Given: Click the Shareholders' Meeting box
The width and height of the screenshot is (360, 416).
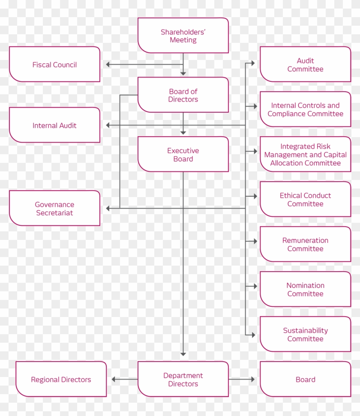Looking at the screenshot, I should pyautogui.click(x=183, y=36).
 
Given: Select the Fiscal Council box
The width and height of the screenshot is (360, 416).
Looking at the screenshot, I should pyautogui.click(x=54, y=65).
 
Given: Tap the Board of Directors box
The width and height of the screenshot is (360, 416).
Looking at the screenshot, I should pyautogui.click(x=183, y=95).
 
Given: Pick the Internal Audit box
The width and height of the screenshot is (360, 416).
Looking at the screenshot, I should pyautogui.click(x=54, y=125).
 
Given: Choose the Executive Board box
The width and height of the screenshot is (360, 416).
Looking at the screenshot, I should pyautogui.click(x=183, y=155).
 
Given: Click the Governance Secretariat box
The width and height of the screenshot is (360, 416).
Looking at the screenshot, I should pyautogui.click(x=54, y=208).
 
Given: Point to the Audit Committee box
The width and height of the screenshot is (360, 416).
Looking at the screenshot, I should pyautogui.click(x=305, y=65).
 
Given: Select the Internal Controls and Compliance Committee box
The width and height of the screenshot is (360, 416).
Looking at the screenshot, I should pyautogui.click(x=305, y=109).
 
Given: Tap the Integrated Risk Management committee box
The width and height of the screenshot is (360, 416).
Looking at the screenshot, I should pyautogui.click(x=305, y=154).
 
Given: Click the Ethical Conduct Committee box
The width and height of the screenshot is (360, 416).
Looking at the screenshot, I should pyautogui.click(x=305, y=199).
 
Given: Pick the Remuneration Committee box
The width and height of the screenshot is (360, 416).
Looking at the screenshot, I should pyautogui.click(x=305, y=244).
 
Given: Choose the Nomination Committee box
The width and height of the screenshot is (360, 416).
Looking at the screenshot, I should pyautogui.click(x=305, y=289).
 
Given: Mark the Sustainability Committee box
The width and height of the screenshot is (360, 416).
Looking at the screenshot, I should pyautogui.click(x=305, y=334).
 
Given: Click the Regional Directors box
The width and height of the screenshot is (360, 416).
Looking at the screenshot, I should pyautogui.click(x=61, y=379).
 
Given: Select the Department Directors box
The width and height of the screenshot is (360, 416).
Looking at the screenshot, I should pyautogui.click(x=183, y=379).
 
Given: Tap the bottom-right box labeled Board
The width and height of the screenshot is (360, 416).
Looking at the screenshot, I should pyautogui.click(x=305, y=379).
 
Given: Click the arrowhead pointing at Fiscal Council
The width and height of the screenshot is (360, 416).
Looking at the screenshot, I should pyautogui.click(x=108, y=65).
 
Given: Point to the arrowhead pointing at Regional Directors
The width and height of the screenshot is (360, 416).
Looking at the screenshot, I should pyautogui.click(x=114, y=379).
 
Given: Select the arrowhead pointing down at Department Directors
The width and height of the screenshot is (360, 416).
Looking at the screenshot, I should pyautogui.click(x=183, y=354).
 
